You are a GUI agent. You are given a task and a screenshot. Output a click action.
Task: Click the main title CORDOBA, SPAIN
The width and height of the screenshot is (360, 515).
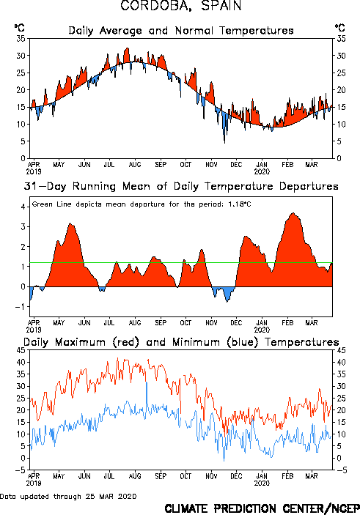tap(181, 6)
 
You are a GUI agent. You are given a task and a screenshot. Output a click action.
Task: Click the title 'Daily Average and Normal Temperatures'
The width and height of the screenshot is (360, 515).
tap(181, 31)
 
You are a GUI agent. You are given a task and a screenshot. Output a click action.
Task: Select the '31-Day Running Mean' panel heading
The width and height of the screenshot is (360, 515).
tap(181, 187)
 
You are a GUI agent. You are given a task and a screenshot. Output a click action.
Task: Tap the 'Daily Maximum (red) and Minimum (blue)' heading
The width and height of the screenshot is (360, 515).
tap(181, 342)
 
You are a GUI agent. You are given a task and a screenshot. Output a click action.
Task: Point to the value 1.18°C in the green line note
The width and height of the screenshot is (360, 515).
tap(240, 204)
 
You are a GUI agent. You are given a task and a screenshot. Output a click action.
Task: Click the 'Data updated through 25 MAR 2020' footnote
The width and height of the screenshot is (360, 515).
tap(68, 496)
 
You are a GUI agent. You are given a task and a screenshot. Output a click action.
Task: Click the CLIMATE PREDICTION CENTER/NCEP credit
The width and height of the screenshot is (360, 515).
tap(262, 508)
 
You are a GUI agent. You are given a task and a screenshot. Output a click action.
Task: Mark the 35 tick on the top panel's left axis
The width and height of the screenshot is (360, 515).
tap(21, 38)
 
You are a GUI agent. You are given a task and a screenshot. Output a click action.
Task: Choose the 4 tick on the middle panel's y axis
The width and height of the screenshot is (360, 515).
tap(23, 207)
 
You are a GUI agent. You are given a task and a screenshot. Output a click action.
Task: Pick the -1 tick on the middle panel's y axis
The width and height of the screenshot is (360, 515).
tap(21, 307)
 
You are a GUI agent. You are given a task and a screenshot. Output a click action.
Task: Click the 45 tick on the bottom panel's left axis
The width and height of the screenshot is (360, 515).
tap(21, 350)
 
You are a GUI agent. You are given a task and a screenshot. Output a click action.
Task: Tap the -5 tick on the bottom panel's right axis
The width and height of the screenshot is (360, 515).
tap(342, 470)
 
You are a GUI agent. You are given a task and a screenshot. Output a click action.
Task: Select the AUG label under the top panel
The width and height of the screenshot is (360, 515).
tap(135, 164)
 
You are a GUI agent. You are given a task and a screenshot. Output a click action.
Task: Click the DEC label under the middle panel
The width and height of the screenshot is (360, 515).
tap(236, 323)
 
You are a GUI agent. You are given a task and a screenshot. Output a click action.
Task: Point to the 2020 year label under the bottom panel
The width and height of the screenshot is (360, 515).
tap(262, 483)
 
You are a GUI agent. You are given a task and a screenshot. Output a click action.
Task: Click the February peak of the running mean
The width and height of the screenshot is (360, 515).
tap(293, 213)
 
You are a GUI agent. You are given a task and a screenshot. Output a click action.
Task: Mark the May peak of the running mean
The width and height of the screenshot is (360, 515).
tap(70, 223)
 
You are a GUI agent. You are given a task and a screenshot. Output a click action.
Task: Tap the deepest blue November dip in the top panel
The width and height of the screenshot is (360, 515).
tap(225, 143)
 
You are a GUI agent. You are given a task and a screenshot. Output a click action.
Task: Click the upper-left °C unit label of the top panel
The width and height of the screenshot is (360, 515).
tap(19, 28)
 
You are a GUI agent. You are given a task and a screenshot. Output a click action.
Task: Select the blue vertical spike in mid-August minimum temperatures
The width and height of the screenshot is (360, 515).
tap(147, 397)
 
